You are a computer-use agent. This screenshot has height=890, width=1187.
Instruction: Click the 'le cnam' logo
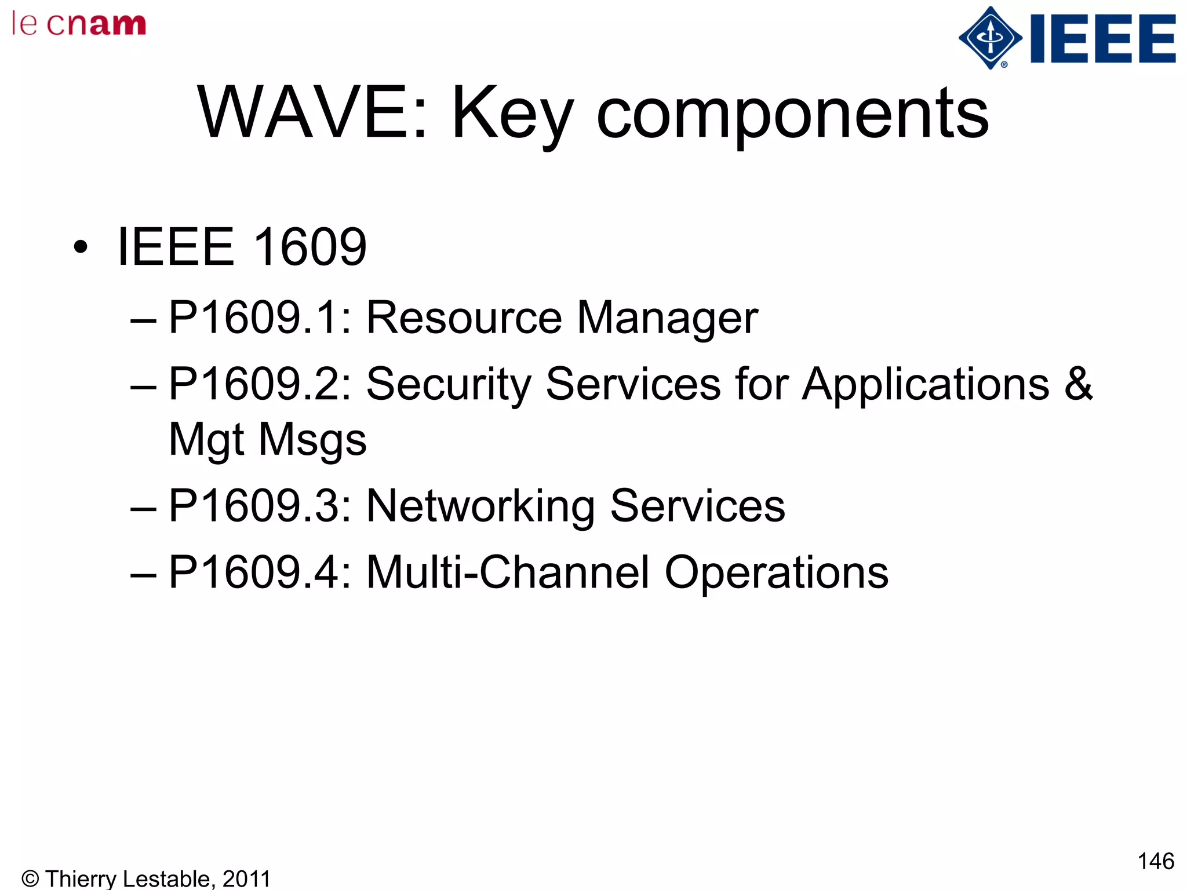tap(79, 24)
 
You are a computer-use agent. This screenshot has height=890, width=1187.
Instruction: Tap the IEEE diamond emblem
tap(990, 38)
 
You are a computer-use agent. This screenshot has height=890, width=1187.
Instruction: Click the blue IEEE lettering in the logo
tap(1103, 39)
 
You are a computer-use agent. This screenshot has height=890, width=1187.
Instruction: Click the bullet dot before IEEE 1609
tap(81, 247)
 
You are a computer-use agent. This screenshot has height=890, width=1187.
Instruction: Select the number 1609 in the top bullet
tap(310, 247)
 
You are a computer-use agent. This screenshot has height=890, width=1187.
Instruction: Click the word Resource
tap(464, 318)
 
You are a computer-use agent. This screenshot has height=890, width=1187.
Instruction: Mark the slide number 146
tap(1156, 861)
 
